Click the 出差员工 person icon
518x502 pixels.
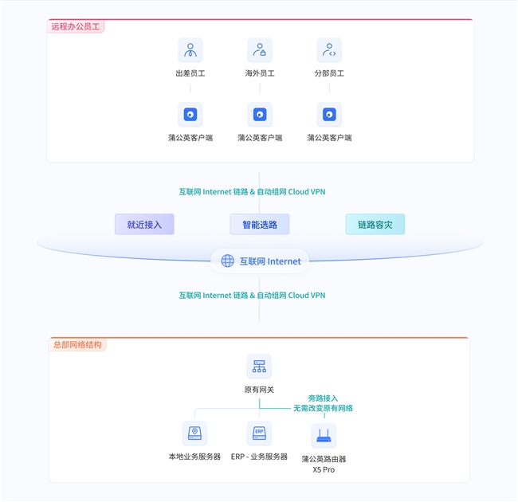point(190,50)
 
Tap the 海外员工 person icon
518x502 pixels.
point(260,50)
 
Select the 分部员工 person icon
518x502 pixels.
point(329,50)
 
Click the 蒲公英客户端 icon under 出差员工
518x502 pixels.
point(190,114)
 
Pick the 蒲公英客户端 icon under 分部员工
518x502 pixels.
point(329,114)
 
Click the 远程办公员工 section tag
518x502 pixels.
point(76,26)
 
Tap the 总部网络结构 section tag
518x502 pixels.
point(77,345)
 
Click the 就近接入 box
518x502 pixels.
point(144,224)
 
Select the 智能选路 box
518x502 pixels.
point(260,224)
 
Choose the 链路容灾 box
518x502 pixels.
point(375,224)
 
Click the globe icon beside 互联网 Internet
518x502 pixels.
point(227,261)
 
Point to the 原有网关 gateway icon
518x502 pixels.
point(259,367)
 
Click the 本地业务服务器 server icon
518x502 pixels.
point(195,433)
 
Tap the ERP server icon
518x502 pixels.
point(259,433)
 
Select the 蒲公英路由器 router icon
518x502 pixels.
point(324,436)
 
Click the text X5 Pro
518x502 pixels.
point(324,469)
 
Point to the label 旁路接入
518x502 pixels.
point(323,398)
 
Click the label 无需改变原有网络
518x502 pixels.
point(323,408)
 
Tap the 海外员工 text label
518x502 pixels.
point(260,73)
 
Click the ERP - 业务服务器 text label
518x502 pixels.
point(259,457)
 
